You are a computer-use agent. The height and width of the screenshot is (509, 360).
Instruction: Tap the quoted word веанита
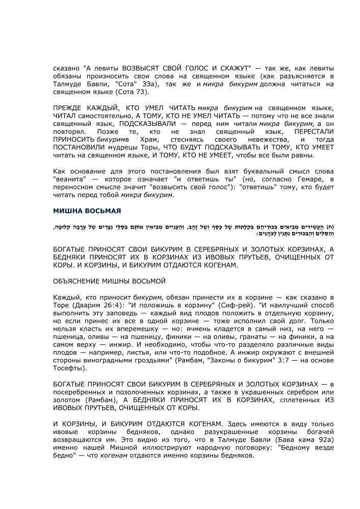click(x=69, y=179)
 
